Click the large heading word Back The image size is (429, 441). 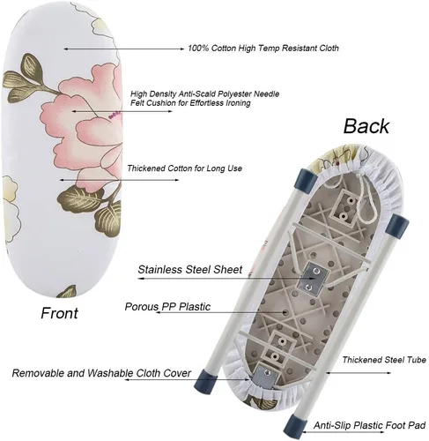(x=366, y=126)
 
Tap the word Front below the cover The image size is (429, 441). (x=59, y=313)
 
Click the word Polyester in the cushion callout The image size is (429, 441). (x=233, y=94)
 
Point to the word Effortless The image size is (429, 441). (x=206, y=103)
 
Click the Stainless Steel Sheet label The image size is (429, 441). (x=190, y=270)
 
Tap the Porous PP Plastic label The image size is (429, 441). (x=167, y=307)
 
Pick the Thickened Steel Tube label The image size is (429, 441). (x=384, y=360)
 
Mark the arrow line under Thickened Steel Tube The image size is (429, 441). (x=359, y=373)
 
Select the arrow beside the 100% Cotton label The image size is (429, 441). (x=124, y=49)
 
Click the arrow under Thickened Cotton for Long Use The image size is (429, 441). (x=119, y=180)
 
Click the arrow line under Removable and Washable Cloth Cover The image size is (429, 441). (x=187, y=379)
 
